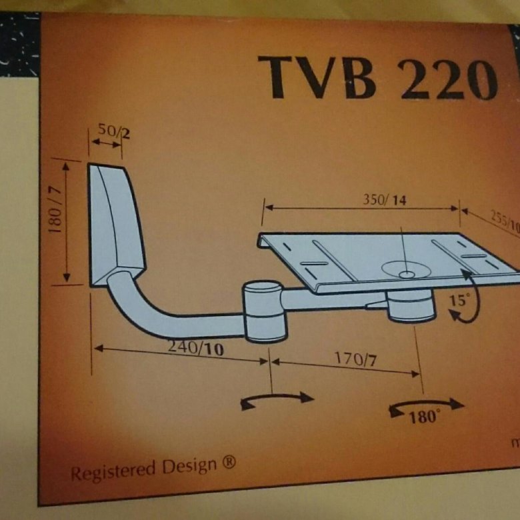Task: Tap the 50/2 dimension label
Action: [x=114, y=132]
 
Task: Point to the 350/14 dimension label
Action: [x=384, y=199]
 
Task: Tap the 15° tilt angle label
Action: [x=458, y=301]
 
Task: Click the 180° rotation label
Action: [x=425, y=417]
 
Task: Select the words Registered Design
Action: [x=143, y=469]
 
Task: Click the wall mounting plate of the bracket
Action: [x=115, y=223]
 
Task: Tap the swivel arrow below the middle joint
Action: [x=276, y=399]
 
